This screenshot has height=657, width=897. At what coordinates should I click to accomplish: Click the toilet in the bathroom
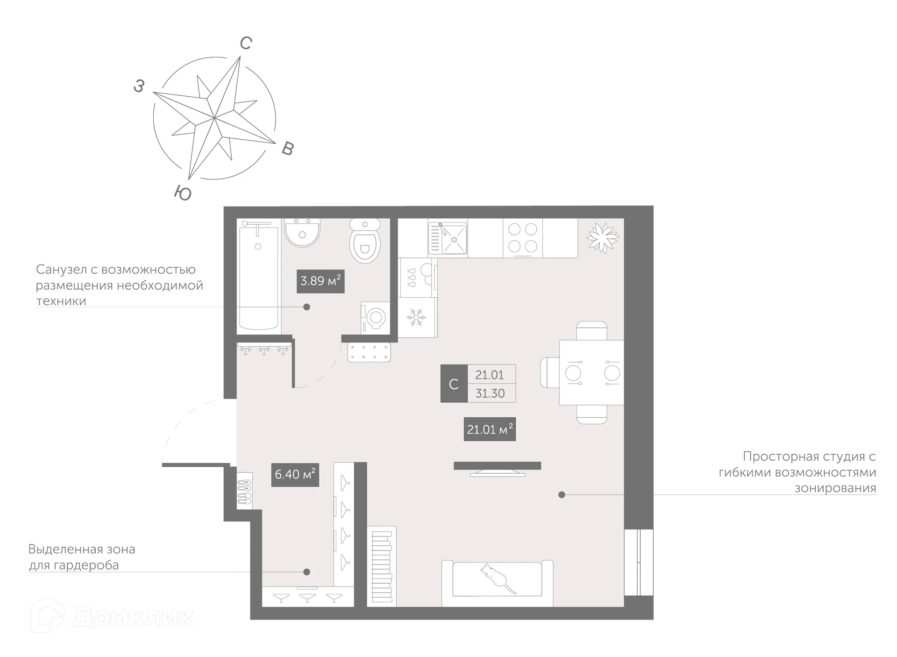pos(365,241)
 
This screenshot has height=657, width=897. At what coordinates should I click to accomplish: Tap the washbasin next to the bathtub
pos(302,233)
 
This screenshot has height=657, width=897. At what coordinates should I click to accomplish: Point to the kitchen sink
pos(448,238)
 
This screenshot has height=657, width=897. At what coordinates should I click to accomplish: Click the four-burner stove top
pos(523,237)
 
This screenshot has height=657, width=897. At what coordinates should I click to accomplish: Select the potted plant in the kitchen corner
pos(602,237)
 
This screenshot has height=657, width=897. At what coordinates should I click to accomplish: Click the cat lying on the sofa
pos(497,578)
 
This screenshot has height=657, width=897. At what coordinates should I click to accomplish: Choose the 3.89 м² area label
pos(320,281)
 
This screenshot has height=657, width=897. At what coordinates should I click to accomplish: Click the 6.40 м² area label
pos(295,474)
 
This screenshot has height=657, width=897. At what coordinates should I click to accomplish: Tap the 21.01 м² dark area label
pos(490,429)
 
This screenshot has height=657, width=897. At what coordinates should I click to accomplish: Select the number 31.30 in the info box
pos(490,393)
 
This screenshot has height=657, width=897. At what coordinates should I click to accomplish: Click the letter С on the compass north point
pos(246,43)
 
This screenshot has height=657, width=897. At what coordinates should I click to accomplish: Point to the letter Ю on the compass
pos(183,193)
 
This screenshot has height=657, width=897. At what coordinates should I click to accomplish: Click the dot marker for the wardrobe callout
pos(306,572)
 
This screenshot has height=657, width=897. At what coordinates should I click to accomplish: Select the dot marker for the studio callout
pos(562,494)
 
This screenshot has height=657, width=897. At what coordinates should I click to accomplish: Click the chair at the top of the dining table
pos(591,330)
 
